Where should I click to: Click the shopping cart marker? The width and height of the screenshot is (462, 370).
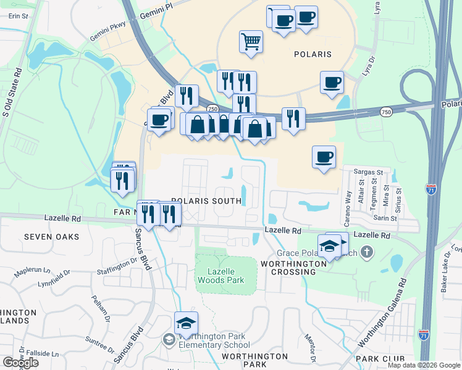click(251, 42)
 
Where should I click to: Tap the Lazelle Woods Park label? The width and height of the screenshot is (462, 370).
click(220, 275)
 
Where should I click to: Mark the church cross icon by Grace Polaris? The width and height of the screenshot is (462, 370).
click(367, 252)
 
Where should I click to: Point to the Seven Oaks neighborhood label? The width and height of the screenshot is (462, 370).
click(52, 237)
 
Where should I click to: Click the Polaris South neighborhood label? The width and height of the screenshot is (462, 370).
click(206, 201)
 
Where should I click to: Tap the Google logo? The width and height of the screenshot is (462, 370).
click(20, 363)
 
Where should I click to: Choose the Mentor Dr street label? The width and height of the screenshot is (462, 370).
click(311, 348)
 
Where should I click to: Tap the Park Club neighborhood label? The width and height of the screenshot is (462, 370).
click(380, 358)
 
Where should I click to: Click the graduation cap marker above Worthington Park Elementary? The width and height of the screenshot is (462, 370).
click(186, 323)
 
